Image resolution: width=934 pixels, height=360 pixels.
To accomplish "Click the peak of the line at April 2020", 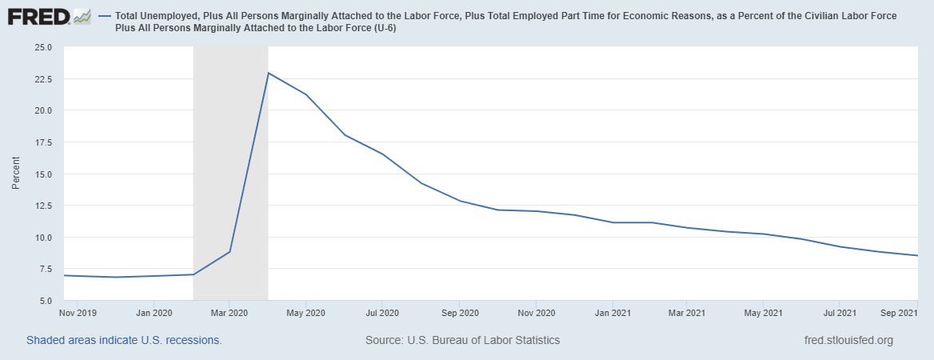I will (x=268, y=73).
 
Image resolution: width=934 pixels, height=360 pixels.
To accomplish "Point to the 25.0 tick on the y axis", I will (x=42, y=47).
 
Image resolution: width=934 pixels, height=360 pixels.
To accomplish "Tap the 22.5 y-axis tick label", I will (x=42, y=79).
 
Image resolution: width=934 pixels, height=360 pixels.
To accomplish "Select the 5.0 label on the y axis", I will (x=44, y=301).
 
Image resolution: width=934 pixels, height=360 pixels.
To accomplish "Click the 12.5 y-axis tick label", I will (x=42, y=206).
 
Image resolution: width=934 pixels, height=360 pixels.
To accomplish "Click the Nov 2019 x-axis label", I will (x=78, y=313).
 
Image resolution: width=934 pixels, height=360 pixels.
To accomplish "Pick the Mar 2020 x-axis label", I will (x=230, y=313).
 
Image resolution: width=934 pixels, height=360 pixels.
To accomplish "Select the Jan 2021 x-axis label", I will (x=612, y=313).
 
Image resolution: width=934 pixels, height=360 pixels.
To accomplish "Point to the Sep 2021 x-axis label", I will (x=898, y=313).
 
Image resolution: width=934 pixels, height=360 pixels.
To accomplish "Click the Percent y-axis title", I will (x=16, y=174).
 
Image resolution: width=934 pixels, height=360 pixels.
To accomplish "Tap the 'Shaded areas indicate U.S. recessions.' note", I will (x=124, y=340).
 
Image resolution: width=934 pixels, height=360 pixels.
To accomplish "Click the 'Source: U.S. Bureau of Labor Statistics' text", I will (x=462, y=340).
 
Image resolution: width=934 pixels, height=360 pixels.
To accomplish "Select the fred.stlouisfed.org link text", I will (x=848, y=340).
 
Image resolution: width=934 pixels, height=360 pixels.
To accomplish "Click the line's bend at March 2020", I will (x=230, y=252).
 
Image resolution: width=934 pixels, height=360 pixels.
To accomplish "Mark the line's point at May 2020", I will (x=305, y=94).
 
